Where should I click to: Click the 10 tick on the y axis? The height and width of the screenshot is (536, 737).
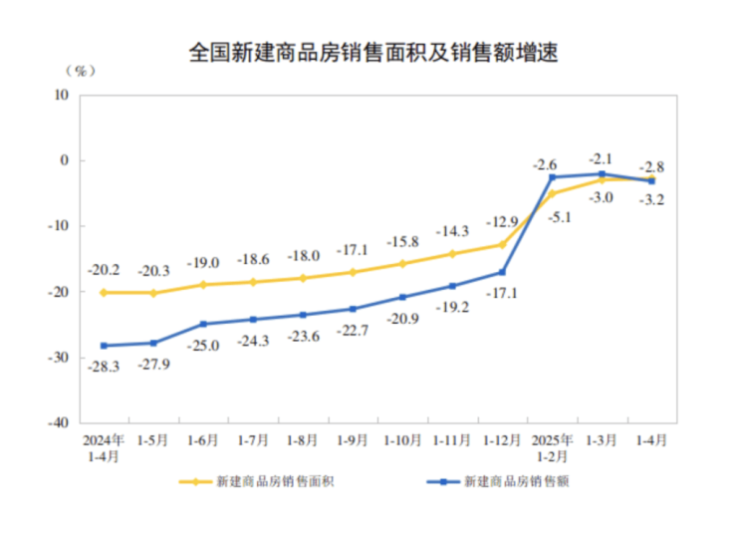(x=62, y=95)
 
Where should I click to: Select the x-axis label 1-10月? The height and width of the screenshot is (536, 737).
(x=402, y=438)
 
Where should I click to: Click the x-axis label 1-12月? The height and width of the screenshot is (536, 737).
(x=502, y=438)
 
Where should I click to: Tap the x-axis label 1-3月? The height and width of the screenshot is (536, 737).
(x=602, y=438)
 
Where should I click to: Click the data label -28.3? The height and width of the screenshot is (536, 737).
(x=104, y=367)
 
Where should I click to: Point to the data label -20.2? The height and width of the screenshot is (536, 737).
(x=104, y=270)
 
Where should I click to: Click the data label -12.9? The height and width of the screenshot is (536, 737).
(x=502, y=221)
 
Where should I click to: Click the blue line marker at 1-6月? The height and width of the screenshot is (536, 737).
(x=203, y=324)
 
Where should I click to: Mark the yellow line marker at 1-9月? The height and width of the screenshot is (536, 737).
(x=353, y=272)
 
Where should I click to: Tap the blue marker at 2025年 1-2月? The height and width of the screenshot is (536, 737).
(x=552, y=177)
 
